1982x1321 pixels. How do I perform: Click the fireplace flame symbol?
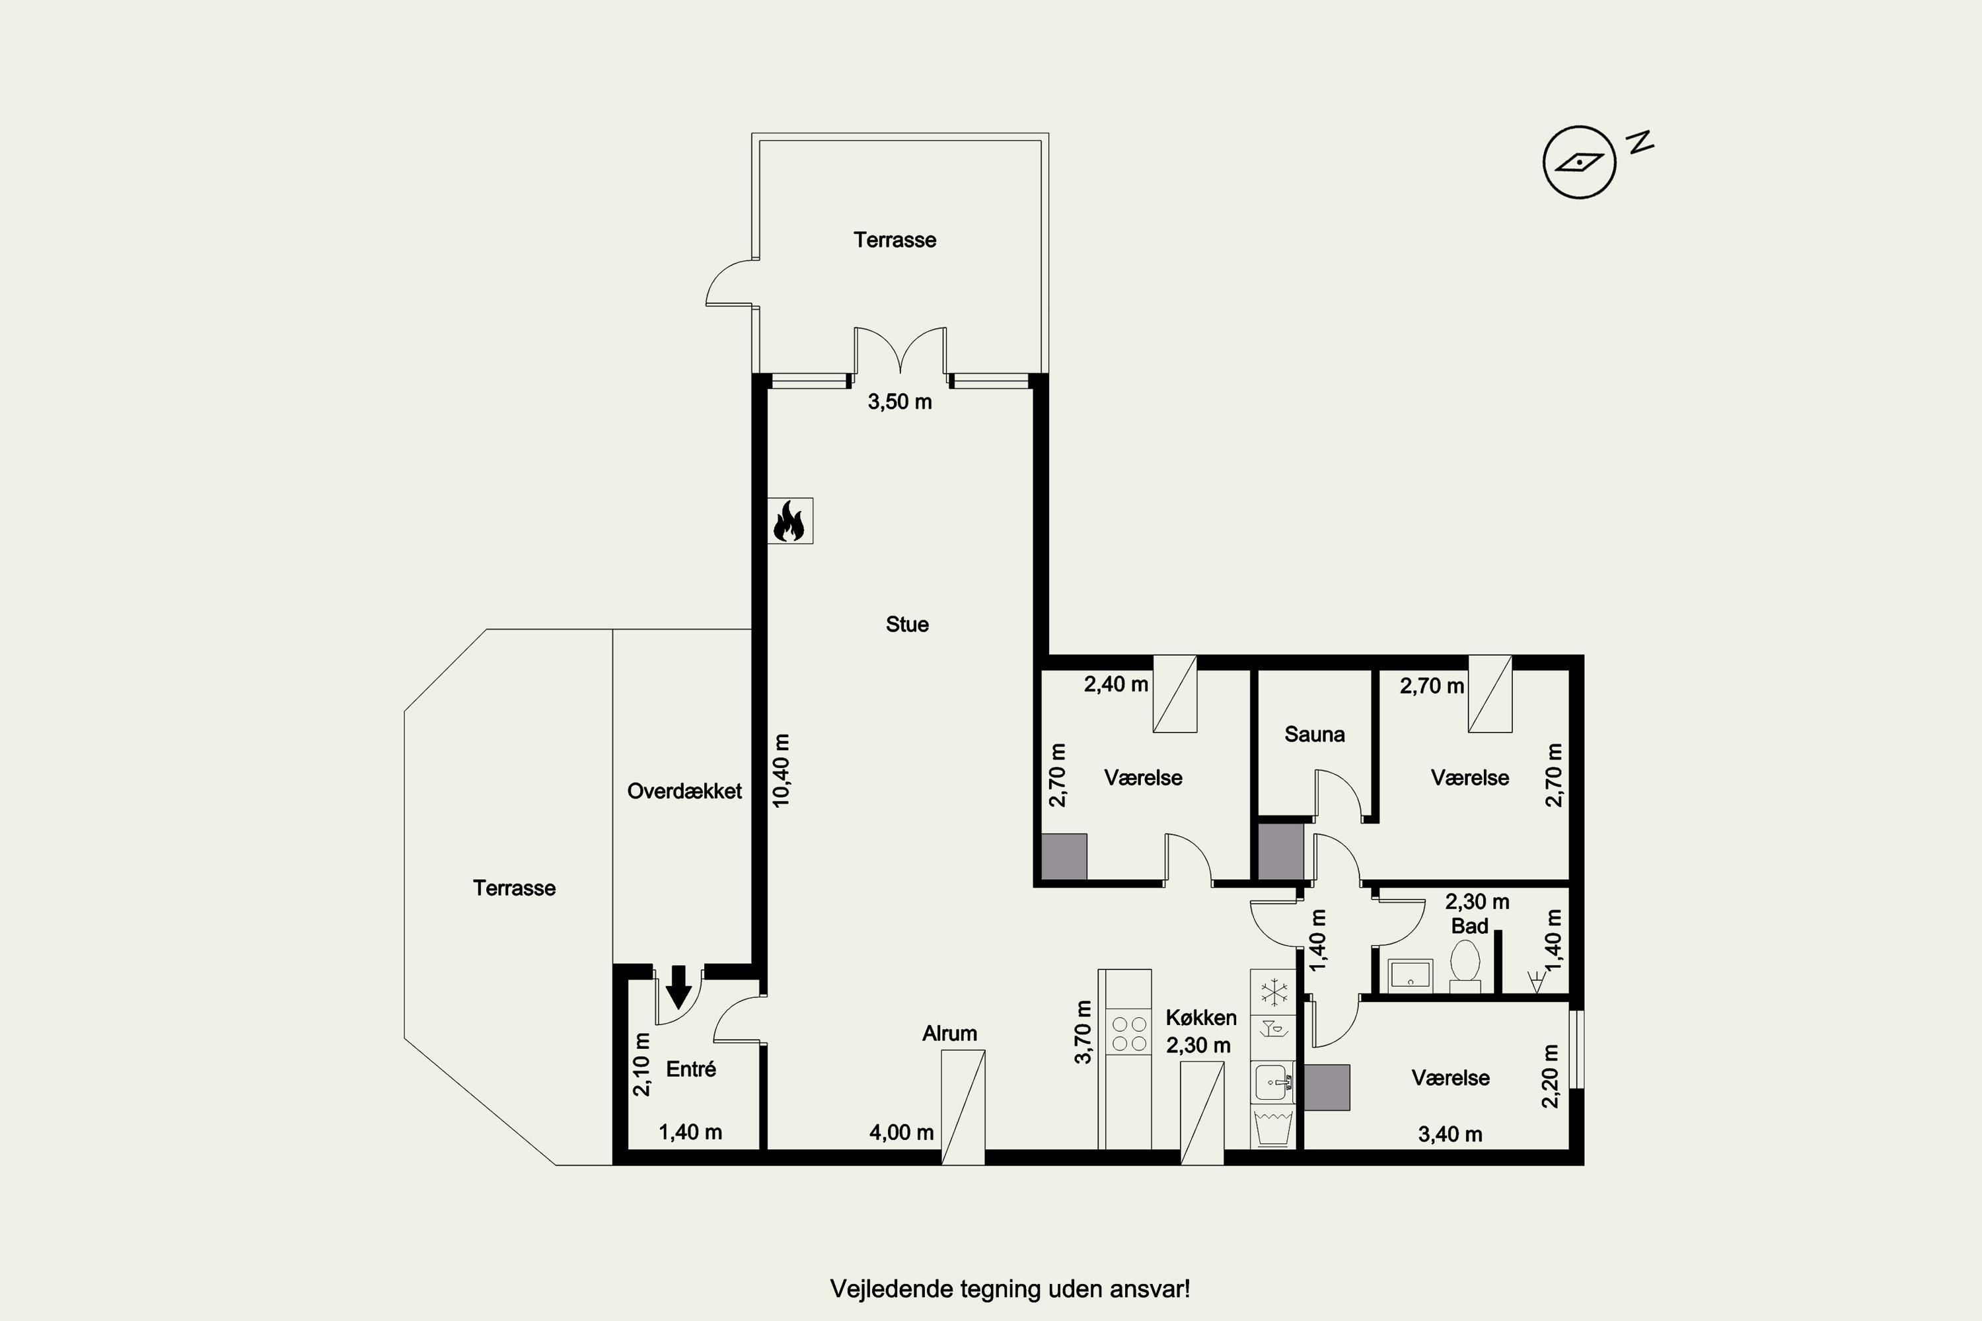(x=789, y=520)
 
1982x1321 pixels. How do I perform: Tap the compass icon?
(x=1579, y=162)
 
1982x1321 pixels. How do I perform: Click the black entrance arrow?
(x=679, y=987)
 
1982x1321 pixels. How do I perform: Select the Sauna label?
(x=1314, y=734)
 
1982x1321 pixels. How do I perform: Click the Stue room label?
(x=906, y=624)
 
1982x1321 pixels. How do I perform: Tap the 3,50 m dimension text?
(x=900, y=402)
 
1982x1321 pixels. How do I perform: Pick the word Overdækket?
(x=684, y=791)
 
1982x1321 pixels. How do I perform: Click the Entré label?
(x=691, y=1069)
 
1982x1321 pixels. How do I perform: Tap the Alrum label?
(x=950, y=1034)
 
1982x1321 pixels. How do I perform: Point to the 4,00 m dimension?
(x=902, y=1132)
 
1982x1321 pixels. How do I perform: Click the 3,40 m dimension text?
(x=1450, y=1134)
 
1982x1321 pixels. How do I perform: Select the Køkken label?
(x=1201, y=1018)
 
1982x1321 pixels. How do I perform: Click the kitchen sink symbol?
(x=1272, y=1083)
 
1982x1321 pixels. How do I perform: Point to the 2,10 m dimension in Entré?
(x=642, y=1064)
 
